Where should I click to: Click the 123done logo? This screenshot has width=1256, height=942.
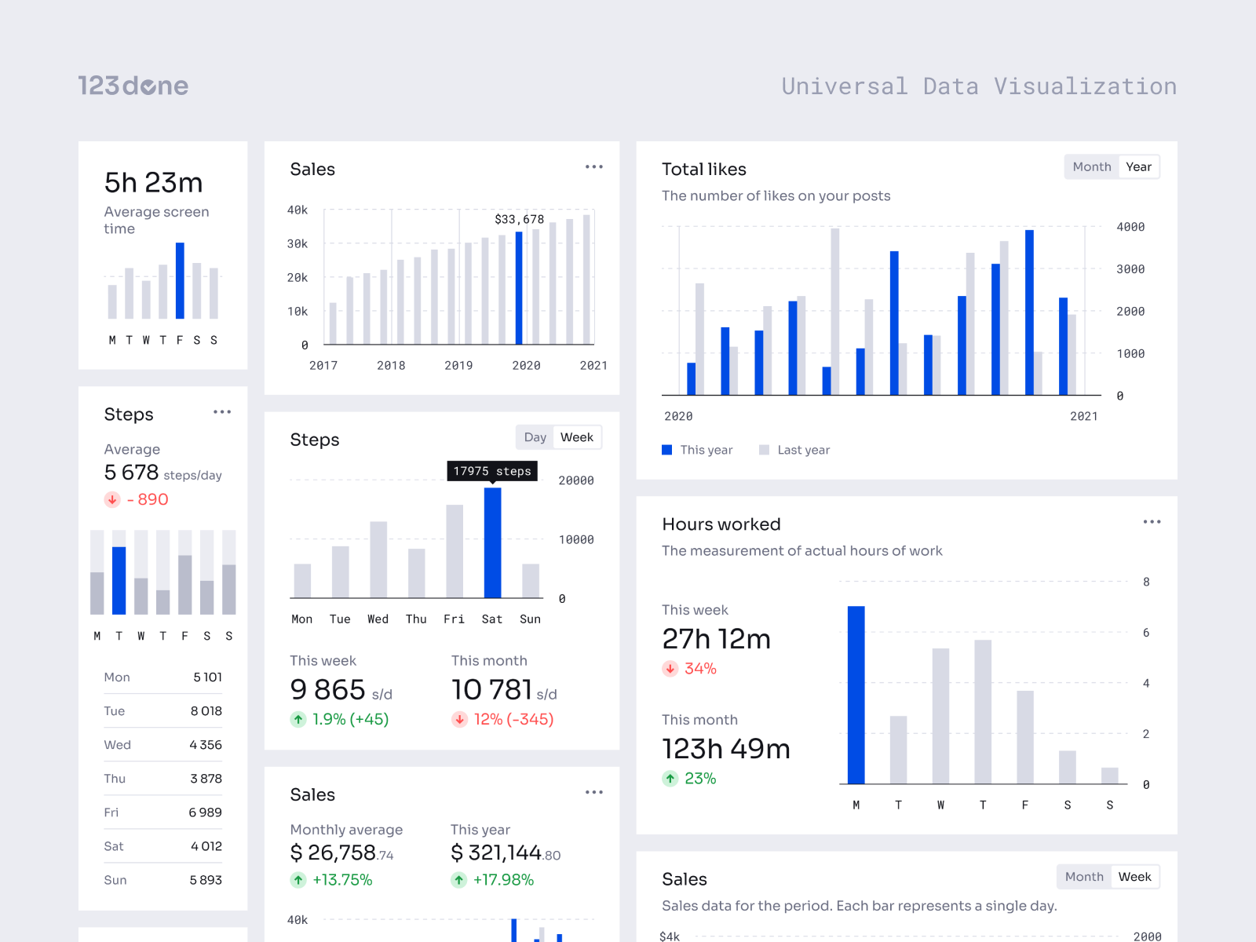click(x=133, y=86)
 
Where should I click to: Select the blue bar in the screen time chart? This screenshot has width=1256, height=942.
click(x=180, y=280)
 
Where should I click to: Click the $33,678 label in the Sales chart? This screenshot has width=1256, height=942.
click(x=519, y=219)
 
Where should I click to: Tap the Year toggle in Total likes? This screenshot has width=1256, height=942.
click(x=1137, y=166)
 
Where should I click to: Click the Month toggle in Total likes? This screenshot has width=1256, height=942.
click(x=1091, y=166)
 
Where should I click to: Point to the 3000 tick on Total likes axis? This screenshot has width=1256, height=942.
click(x=1130, y=269)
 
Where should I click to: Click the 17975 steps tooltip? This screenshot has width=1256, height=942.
click(x=492, y=471)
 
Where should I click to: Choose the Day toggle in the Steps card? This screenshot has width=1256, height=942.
click(x=535, y=437)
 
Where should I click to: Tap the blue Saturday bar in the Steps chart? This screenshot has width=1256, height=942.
click(x=492, y=543)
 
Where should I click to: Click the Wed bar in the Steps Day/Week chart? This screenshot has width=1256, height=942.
click(x=378, y=560)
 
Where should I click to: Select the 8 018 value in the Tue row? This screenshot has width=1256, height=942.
click(x=206, y=711)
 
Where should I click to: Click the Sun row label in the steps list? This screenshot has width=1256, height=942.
click(x=115, y=880)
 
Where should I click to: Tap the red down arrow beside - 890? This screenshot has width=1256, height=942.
click(x=112, y=499)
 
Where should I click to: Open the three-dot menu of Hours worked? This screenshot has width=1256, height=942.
click(x=1152, y=522)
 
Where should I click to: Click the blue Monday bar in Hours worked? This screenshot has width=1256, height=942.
click(x=856, y=695)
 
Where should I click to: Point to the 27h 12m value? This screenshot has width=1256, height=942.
click(x=716, y=639)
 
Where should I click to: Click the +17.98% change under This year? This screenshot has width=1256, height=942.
click(x=502, y=880)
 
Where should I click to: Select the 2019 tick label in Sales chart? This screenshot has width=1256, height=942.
click(x=458, y=366)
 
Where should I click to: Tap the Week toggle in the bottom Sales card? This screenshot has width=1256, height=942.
click(x=1134, y=877)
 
